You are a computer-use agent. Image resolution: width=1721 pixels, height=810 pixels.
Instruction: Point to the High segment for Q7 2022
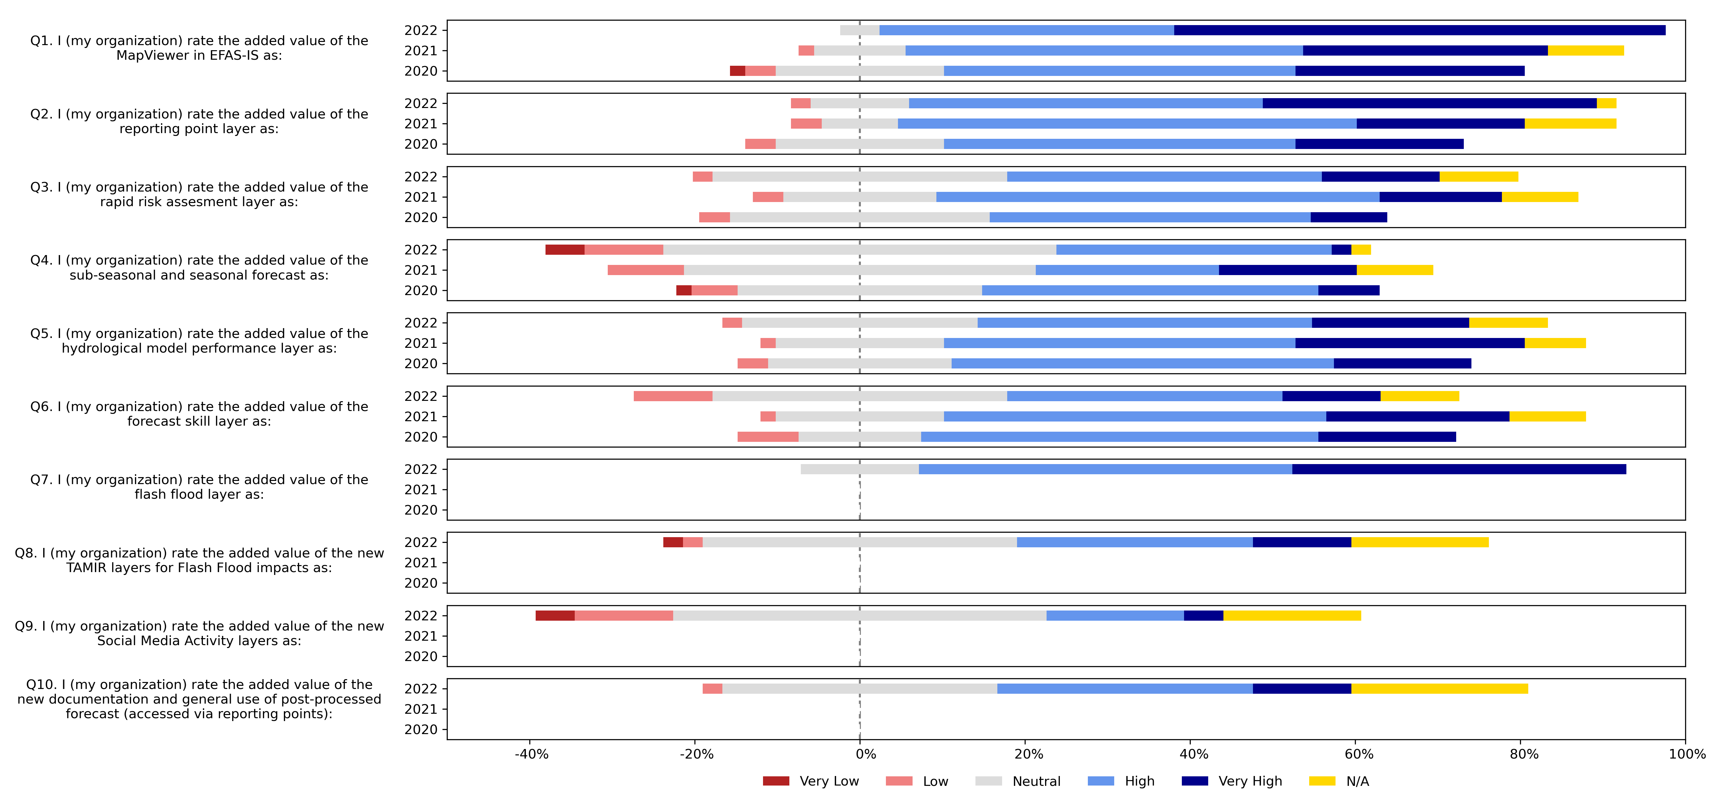(1105, 469)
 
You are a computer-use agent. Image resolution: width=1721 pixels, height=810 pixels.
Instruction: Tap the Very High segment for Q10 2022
(1302, 688)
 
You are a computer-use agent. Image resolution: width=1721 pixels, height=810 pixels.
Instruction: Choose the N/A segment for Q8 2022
(1420, 542)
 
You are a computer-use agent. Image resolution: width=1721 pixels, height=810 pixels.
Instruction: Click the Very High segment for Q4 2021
(1287, 270)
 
